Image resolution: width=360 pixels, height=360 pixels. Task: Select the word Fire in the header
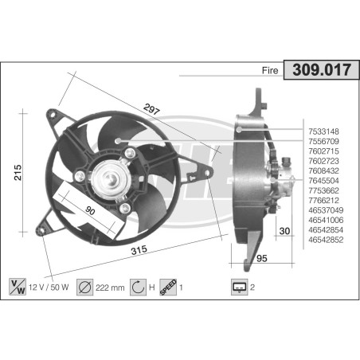tap(270, 71)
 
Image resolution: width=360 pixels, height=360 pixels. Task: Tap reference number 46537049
tap(326, 209)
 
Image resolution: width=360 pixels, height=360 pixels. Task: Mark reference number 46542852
tap(326, 238)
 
